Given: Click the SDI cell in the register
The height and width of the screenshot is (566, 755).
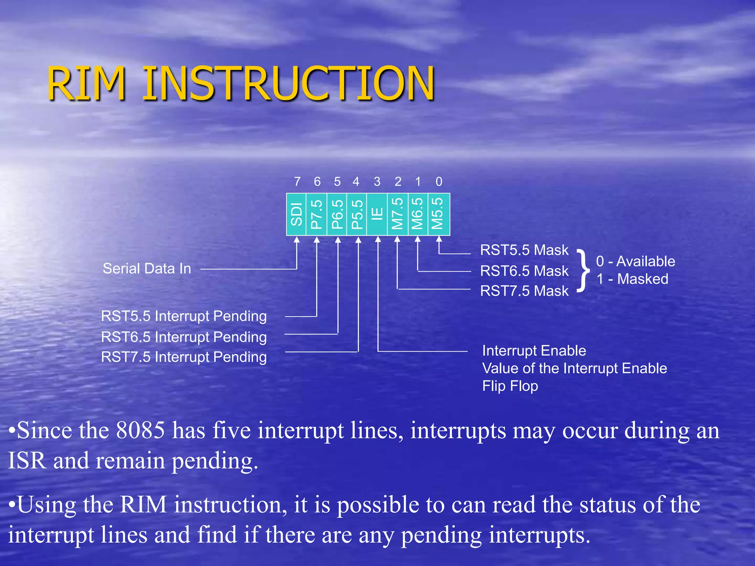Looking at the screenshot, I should point(296,214).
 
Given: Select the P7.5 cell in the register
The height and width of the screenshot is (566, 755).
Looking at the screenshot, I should point(317,214).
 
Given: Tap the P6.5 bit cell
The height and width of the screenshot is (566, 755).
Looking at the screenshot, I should point(337,214).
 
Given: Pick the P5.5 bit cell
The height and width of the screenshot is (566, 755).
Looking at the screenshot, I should point(357,214).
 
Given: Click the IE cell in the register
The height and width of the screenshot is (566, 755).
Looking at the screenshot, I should point(377,214).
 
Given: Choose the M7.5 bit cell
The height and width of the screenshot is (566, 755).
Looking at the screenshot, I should point(397,214).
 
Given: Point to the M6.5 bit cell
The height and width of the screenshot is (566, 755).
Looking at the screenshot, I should point(417,214).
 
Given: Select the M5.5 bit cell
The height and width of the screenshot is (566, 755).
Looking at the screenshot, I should point(438,214).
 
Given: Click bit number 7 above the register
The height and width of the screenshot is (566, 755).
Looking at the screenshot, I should point(297,182).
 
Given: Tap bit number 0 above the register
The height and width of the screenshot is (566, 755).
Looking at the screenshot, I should point(439,182).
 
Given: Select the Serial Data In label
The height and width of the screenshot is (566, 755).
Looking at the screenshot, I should point(147,269).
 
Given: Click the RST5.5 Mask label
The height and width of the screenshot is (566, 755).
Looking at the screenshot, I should point(524,250).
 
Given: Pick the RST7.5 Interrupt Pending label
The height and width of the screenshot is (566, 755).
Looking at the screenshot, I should point(184,357).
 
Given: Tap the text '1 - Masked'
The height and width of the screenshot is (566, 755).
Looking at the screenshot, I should point(632,279).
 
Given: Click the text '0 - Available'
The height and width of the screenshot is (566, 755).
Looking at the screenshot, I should point(636,261).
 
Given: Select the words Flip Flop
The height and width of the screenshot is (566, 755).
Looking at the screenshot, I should point(510,386).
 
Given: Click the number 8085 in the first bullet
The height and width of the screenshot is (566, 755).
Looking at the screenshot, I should point(140,430).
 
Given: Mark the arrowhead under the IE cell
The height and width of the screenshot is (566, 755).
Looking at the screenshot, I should point(378,240).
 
